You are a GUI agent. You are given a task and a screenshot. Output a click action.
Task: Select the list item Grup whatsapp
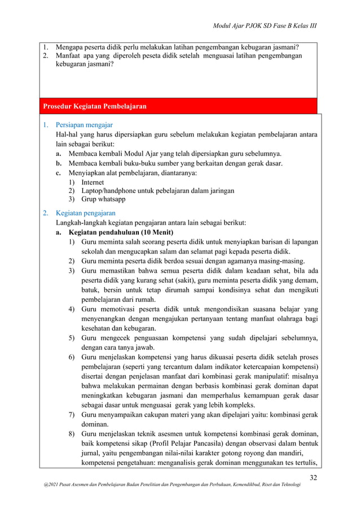click(x=103, y=199)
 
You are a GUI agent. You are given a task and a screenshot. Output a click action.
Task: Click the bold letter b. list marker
click(x=59, y=163)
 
